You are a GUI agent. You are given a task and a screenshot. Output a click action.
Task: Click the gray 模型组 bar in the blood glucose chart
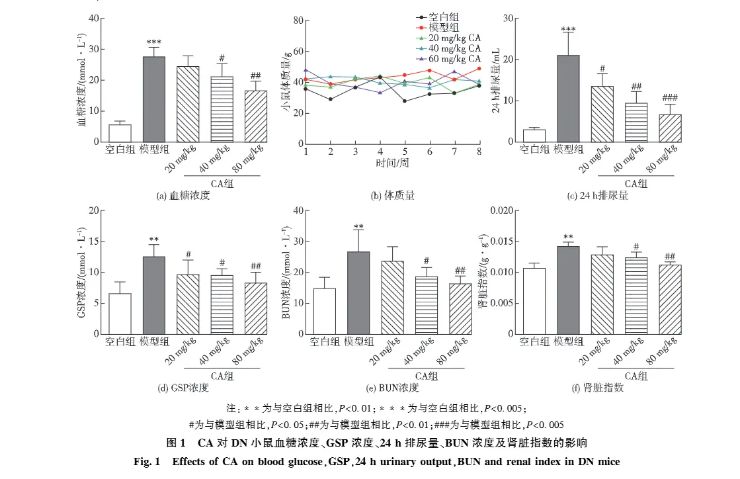point(154,99)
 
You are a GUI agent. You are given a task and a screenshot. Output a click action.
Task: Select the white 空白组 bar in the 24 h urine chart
point(534,135)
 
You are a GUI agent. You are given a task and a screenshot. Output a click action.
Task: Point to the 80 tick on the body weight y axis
point(298,21)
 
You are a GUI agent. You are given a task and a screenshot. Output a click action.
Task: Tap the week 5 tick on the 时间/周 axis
point(405,152)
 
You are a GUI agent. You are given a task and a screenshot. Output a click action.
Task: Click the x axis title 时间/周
point(391,163)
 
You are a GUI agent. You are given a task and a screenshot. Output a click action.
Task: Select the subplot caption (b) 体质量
point(392,196)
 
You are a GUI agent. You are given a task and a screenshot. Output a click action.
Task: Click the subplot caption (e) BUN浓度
point(393,388)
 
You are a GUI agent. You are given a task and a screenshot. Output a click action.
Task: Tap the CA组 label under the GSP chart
point(223,376)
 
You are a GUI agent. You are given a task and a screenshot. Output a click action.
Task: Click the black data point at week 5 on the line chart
point(405,101)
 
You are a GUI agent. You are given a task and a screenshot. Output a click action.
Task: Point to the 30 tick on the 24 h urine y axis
point(508,18)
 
